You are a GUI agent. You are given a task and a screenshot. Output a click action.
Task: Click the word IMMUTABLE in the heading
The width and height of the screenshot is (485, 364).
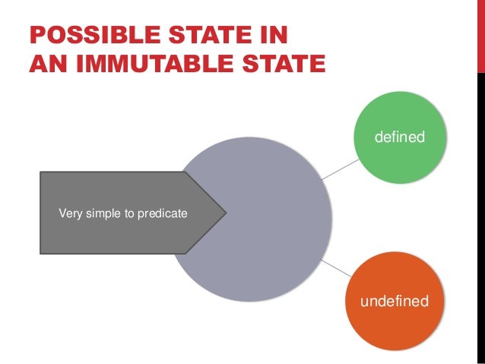pyautogui.click(x=144, y=65)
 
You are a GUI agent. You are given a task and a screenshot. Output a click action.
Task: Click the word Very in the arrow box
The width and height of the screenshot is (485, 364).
pyautogui.click(x=70, y=214)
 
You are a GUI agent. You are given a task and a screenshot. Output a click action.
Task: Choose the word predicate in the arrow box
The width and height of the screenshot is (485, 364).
pyautogui.click(x=160, y=214)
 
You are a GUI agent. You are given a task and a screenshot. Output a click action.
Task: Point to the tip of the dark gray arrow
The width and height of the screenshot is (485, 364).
pyautogui.click(x=226, y=212)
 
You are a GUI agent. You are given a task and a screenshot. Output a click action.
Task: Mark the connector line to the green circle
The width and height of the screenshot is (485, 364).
pyautogui.click(x=339, y=170)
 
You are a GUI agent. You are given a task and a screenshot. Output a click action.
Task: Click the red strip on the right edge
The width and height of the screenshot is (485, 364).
pyautogui.click(x=480, y=34)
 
